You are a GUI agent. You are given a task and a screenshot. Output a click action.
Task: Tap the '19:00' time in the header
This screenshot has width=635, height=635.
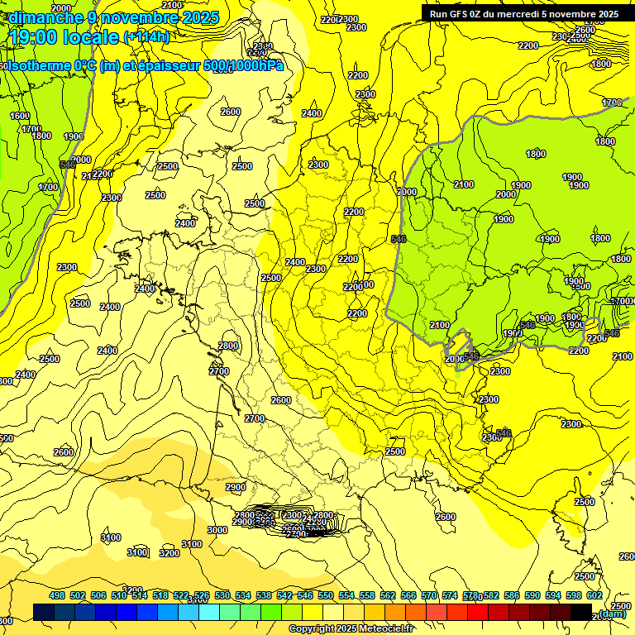tap(34, 37)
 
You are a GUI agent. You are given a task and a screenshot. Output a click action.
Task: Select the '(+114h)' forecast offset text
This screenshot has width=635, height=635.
tap(146, 37)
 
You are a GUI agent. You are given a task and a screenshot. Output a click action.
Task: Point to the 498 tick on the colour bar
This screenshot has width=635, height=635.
tap(57, 595)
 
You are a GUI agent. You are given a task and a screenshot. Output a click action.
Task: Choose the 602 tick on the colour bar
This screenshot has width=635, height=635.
tap(594, 595)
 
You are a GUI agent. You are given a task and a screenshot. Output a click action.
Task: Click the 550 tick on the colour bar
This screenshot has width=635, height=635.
tap(326, 595)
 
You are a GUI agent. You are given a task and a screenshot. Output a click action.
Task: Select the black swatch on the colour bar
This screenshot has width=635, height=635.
tap(581, 612)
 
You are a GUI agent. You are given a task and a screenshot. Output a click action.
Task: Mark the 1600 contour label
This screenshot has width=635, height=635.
tap(20, 117)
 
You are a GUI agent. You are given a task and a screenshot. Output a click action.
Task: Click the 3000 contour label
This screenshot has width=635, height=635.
tap(217, 530)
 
